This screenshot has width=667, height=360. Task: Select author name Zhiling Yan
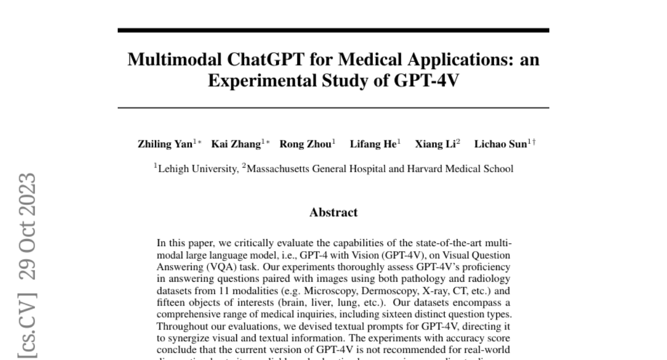[x=165, y=144]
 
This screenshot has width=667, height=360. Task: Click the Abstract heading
[x=333, y=212]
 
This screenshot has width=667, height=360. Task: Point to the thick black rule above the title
[x=333, y=31]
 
